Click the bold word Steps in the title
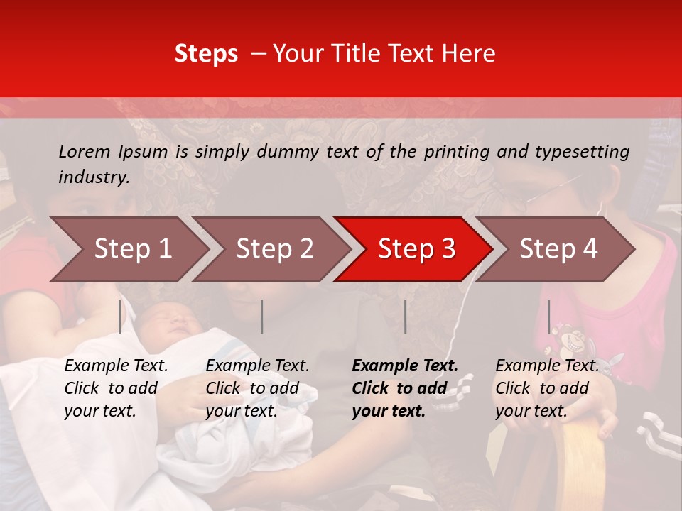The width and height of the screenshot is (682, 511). tap(206, 54)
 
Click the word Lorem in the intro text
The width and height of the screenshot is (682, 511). tap(83, 151)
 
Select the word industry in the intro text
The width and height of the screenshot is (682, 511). tap(93, 177)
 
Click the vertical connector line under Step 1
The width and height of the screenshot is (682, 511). tap(119, 317)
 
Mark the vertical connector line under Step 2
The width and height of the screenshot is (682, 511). tap(262, 317)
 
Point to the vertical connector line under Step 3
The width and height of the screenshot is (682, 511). tap(405, 317)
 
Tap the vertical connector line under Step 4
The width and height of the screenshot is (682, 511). tap(548, 317)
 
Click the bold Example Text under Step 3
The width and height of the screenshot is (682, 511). tap(405, 366)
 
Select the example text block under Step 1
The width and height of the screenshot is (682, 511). tap(116, 388)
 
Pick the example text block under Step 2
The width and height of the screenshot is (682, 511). tap(257, 388)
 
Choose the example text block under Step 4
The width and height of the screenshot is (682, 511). tap(547, 388)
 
